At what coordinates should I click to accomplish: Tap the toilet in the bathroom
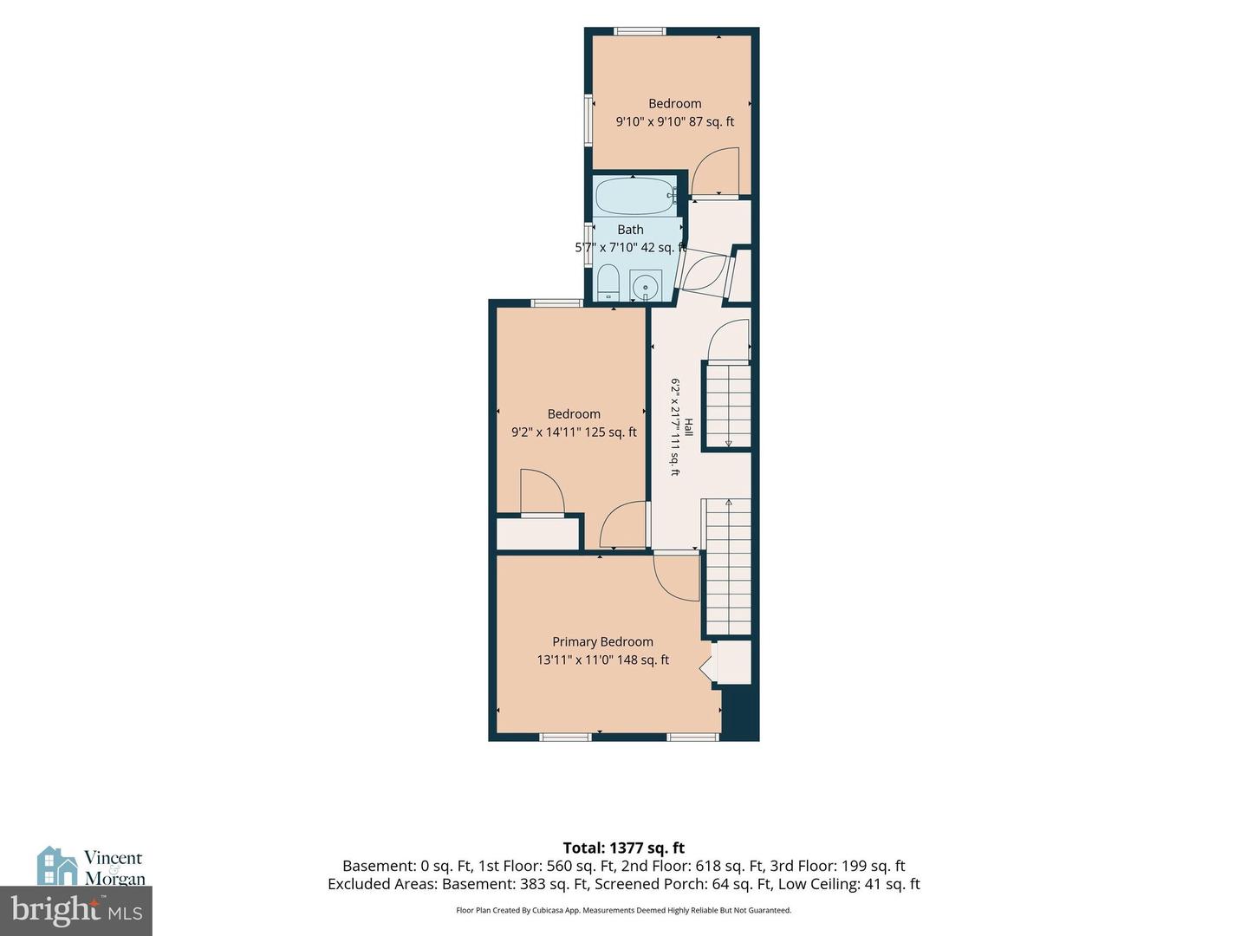click(x=608, y=282)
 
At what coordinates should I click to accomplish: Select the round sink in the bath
click(x=646, y=285)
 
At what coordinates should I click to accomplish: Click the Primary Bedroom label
click(x=602, y=641)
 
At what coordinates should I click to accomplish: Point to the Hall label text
click(x=688, y=427)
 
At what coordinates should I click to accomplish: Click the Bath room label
click(x=631, y=230)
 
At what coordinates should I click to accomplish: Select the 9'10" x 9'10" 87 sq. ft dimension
click(x=675, y=121)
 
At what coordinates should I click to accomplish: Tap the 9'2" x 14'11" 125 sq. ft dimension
click(x=574, y=432)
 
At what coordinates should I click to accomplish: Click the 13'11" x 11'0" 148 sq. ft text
click(x=602, y=660)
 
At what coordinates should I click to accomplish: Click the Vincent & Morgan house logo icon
click(x=57, y=866)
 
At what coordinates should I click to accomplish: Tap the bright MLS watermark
click(x=76, y=911)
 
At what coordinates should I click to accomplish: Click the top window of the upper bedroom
click(x=640, y=31)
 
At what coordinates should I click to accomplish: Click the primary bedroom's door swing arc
click(x=677, y=578)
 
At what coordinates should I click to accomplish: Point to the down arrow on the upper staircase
click(x=728, y=443)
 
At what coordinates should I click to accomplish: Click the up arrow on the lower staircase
click(x=728, y=503)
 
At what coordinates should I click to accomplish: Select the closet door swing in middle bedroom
click(x=543, y=491)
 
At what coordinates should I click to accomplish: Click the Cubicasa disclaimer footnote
click(x=624, y=910)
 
